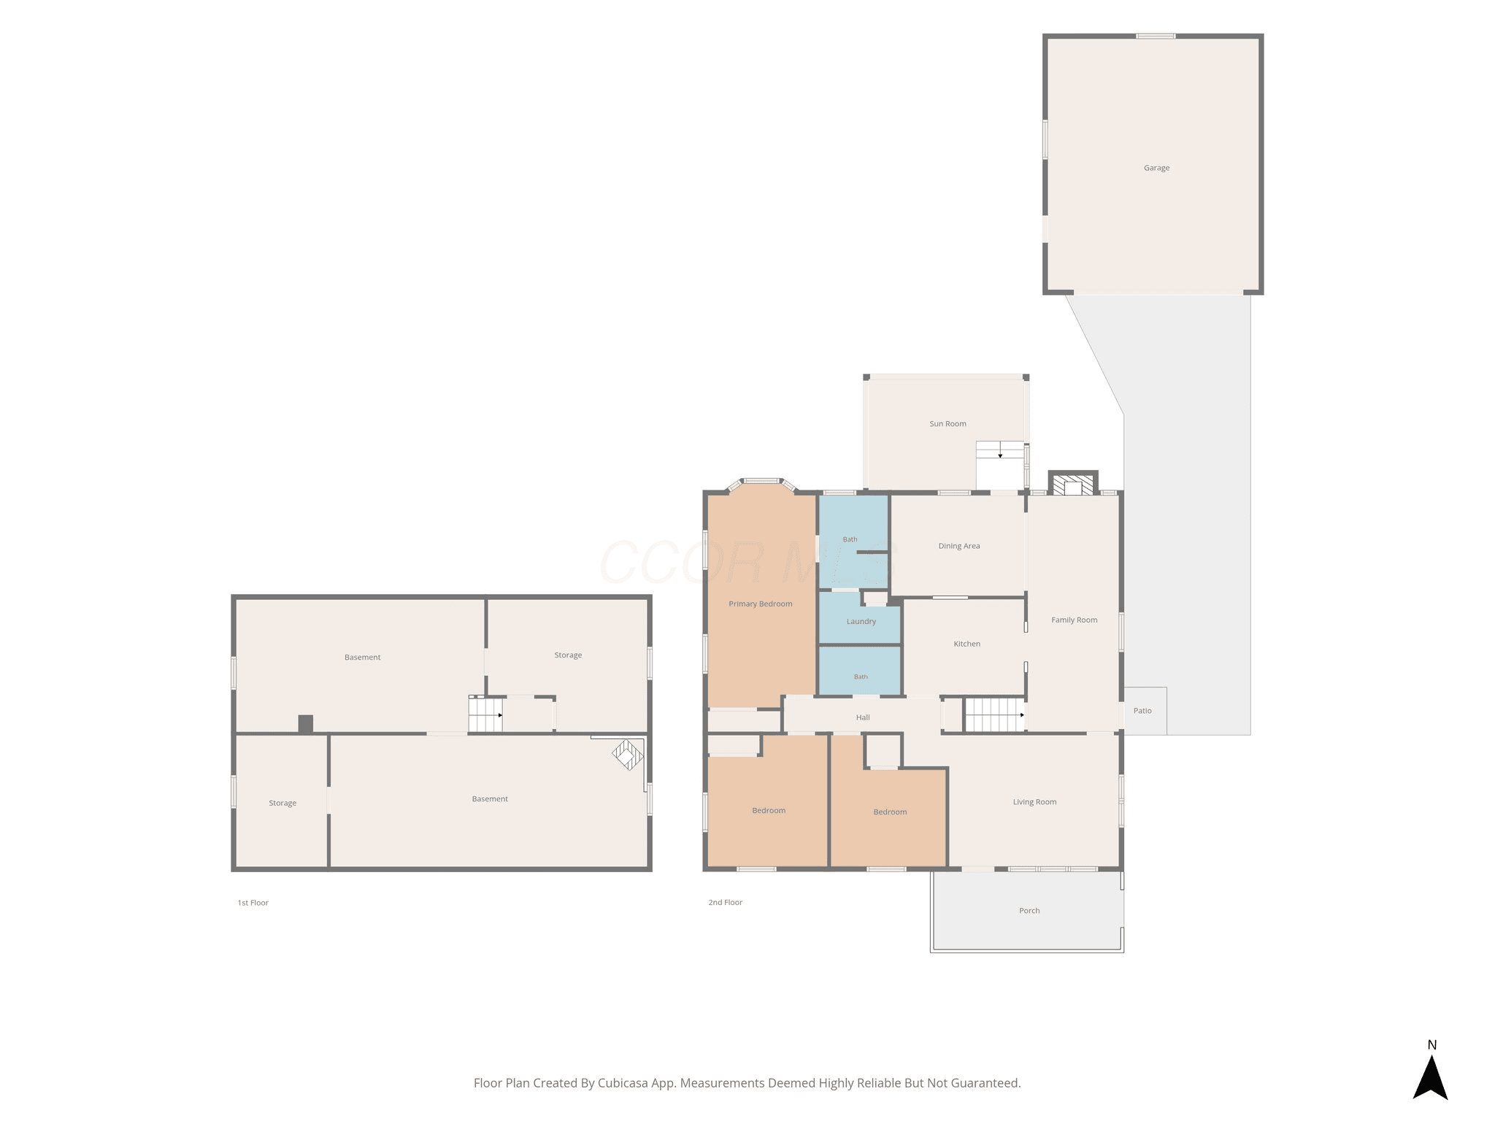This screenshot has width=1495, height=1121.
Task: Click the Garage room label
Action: tap(1156, 168)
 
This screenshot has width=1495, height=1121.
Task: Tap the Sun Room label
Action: tap(948, 424)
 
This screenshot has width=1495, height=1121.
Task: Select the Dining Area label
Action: tap(959, 546)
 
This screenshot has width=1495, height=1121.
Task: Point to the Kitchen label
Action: tap(966, 644)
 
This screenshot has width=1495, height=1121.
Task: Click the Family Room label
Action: tap(1074, 620)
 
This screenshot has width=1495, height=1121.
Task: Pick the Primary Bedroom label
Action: tap(760, 604)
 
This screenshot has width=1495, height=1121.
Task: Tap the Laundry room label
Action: tap(861, 622)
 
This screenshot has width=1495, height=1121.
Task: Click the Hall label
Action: tap(863, 717)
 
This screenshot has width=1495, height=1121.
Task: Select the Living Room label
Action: tap(1034, 802)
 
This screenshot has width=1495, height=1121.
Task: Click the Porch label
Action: tap(1029, 911)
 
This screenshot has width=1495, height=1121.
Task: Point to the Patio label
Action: tap(1142, 711)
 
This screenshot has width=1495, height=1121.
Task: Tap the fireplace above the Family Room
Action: tap(1073, 484)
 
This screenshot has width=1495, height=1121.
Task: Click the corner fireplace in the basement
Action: tap(628, 755)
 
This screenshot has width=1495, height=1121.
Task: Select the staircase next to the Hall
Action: tap(995, 715)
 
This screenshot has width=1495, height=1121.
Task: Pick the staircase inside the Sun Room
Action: tap(1000, 450)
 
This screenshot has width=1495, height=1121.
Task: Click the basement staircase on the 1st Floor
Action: tap(485, 714)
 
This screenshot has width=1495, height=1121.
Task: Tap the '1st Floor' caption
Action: tap(253, 903)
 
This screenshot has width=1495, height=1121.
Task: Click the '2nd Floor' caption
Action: tap(725, 903)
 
